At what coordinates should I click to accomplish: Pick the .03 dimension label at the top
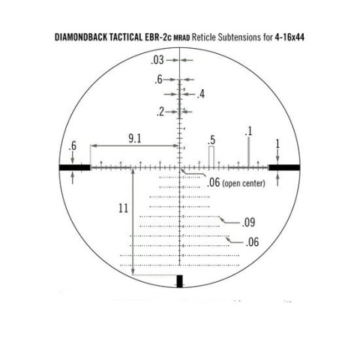[x=157, y=59]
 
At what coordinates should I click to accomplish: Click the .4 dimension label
[x=200, y=94]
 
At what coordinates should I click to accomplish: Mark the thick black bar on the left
[x=76, y=166]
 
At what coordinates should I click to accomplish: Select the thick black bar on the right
[x=288, y=166]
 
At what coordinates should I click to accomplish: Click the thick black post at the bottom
[x=179, y=282]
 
